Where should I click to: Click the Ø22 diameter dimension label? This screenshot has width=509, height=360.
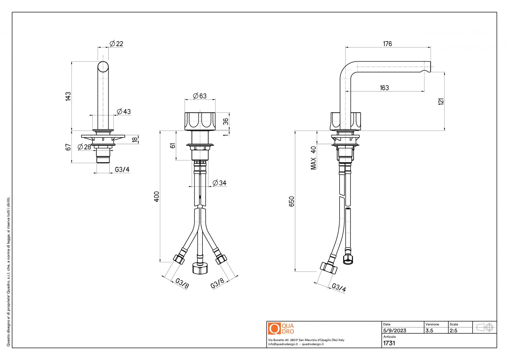coord(117,44)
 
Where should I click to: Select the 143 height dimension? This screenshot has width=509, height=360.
coord(68,96)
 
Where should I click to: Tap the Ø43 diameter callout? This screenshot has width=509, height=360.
coord(124,111)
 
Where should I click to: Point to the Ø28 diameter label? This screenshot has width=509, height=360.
coord(84,147)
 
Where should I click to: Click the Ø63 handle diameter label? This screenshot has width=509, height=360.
coord(200,96)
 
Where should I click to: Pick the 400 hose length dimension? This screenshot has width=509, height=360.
coord(157,197)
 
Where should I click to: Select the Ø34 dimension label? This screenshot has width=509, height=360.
coord(219,183)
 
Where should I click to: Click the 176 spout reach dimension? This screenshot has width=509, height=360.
coord(387,44)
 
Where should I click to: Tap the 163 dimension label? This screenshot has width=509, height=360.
coord(384,88)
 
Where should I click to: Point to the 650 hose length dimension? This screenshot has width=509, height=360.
coord(292,201)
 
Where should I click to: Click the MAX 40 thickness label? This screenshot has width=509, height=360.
coord(314,158)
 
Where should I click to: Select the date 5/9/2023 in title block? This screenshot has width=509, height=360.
coord(394,331)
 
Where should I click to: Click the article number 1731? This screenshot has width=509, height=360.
coord(389,343)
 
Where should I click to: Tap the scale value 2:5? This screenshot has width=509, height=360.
coord(453,331)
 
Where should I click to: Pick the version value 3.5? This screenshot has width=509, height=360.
coord(429,331)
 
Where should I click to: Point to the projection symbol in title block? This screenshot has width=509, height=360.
coord(485,327)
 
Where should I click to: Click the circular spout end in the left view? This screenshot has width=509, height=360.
coord(103,67)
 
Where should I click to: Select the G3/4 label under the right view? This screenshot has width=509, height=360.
coord(338,288)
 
